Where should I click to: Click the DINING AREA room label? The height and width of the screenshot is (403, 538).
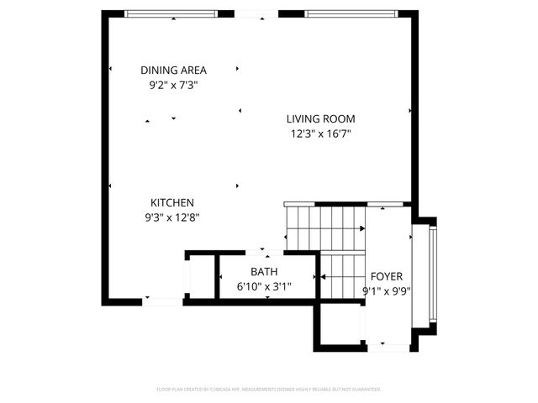click(173, 71)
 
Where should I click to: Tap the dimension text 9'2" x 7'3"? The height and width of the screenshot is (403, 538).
click(173, 85)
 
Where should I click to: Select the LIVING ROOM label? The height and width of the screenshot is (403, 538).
click(320, 119)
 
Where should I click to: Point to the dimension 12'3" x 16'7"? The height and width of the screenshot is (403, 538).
click(320, 133)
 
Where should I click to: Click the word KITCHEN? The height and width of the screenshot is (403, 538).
click(172, 202)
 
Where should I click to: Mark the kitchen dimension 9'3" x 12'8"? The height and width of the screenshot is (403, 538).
click(172, 217)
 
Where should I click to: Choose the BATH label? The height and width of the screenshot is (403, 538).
click(264, 272)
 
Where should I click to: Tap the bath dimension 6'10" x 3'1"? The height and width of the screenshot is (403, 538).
click(264, 286)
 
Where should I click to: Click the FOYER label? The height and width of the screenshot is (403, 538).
click(387, 276)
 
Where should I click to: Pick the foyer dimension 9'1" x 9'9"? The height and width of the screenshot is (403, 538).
click(387, 290)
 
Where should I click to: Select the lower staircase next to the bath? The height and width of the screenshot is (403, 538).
click(340, 277)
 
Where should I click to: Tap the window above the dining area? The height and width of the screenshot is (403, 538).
click(179, 14)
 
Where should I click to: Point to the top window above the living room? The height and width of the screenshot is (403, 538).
click(348, 14)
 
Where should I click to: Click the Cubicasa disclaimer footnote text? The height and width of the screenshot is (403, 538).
click(269, 390)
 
